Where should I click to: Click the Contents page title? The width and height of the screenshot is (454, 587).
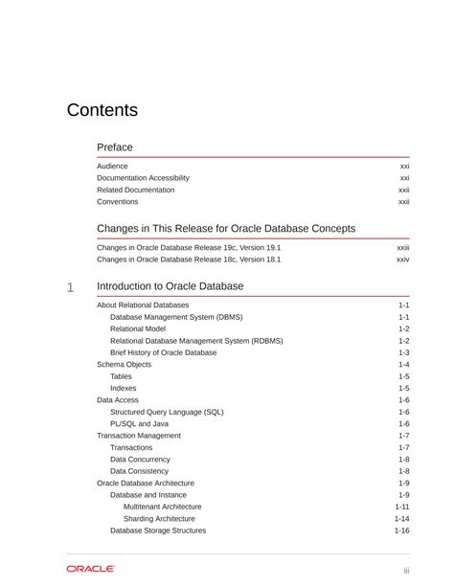click(x=102, y=110)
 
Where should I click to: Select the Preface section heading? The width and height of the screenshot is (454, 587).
click(x=115, y=147)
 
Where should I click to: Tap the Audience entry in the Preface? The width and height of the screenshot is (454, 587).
click(x=112, y=166)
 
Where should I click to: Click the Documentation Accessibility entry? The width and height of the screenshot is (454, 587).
click(x=143, y=178)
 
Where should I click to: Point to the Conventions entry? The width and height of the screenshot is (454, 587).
click(x=117, y=202)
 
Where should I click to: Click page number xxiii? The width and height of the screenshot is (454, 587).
click(x=402, y=247)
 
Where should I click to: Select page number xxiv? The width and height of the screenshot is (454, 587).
click(x=402, y=260)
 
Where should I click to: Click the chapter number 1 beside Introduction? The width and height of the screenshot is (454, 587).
click(x=70, y=287)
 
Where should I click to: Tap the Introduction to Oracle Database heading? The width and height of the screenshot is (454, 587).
click(x=170, y=286)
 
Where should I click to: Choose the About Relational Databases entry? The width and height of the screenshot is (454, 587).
click(x=143, y=305)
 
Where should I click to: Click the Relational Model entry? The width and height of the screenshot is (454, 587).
click(x=138, y=328)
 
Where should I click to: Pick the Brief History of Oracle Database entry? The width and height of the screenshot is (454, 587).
click(x=163, y=352)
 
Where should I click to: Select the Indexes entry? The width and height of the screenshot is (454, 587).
click(x=123, y=388)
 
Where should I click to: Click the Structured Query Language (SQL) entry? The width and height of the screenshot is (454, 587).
click(x=167, y=412)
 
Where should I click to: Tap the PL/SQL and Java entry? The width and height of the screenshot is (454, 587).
click(x=139, y=423)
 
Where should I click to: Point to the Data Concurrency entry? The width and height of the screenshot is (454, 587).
click(x=140, y=460)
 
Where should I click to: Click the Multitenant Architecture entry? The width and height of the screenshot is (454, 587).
click(x=162, y=507)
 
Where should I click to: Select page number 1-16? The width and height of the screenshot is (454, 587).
click(x=401, y=531)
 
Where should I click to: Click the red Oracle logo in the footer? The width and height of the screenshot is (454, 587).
click(x=90, y=569)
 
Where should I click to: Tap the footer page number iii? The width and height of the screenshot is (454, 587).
click(x=406, y=571)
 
